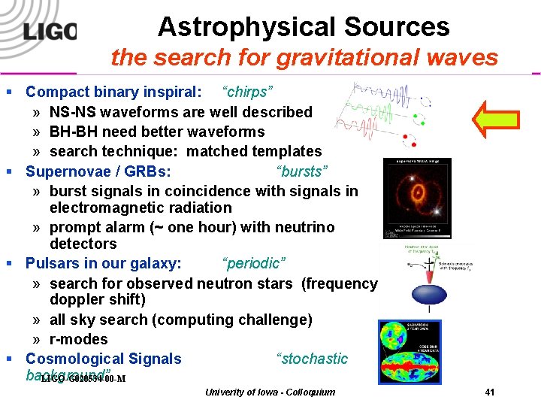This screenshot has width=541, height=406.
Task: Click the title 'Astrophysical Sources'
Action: pos(304,27)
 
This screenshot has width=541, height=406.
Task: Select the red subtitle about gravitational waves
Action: pos(304,57)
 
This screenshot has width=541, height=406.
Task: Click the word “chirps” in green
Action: pos(247,92)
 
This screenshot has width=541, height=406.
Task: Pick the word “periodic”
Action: pos(252,264)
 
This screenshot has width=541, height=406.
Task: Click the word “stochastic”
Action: pos(312,359)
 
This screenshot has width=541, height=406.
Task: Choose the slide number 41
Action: pos(490,392)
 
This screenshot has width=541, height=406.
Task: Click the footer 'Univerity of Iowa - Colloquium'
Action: pos(270,392)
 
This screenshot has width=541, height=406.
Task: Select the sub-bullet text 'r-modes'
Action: pos(79,339)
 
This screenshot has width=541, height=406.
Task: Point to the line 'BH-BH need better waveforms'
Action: pos(157,132)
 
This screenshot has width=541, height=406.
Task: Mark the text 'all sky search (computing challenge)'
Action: pos(180,320)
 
